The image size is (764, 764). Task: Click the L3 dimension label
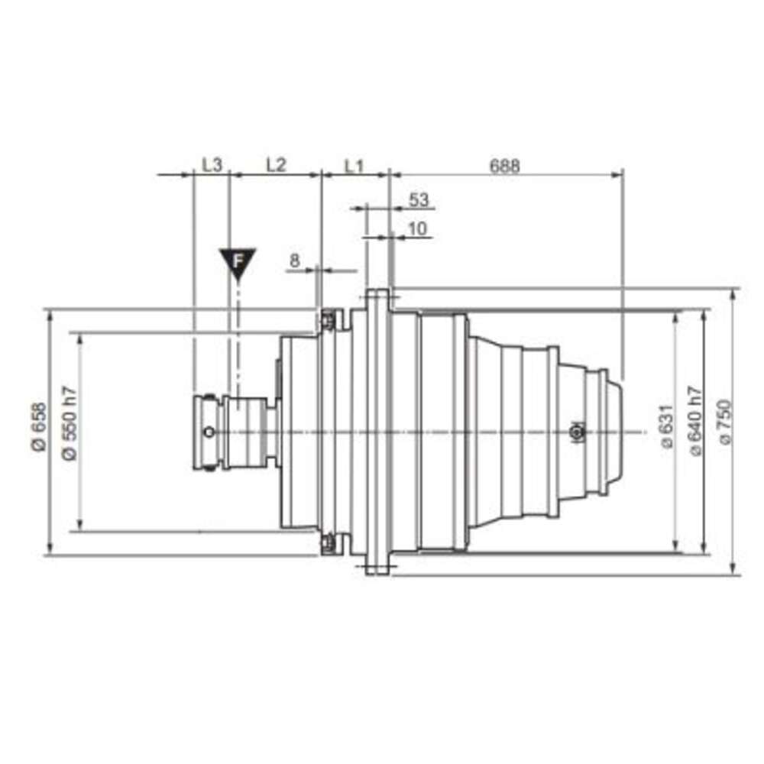[212, 165]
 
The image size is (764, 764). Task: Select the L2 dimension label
[277, 165]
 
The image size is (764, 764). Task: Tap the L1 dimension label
[354, 166]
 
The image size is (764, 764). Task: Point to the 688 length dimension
[505, 166]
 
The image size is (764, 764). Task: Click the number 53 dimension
[419, 199]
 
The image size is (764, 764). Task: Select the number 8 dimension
[295, 261]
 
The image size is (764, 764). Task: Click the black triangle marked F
[238, 262]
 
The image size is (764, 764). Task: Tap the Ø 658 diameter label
[40, 427]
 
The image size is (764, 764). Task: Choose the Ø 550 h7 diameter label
[70, 423]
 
